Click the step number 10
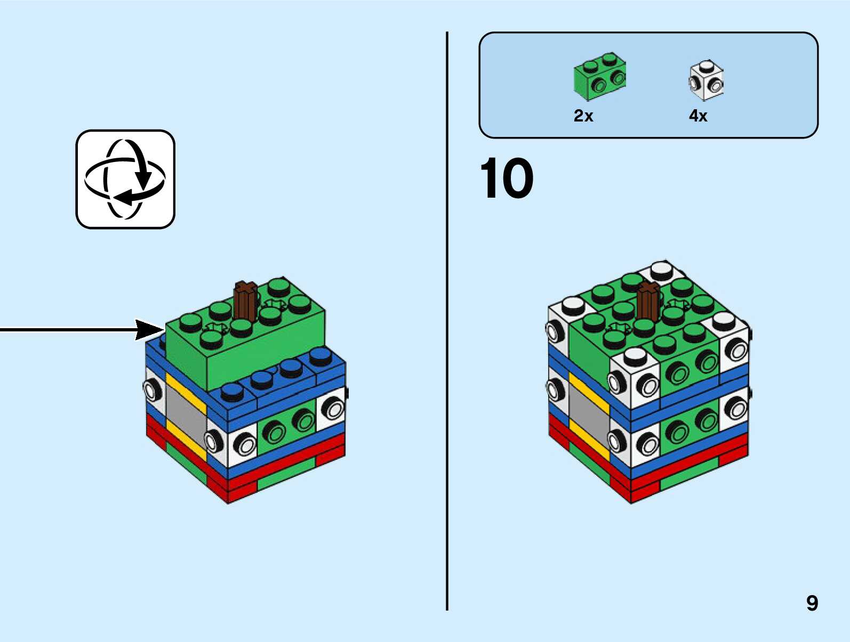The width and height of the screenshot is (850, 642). tap(506, 178)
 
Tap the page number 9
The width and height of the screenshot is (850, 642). tap(812, 603)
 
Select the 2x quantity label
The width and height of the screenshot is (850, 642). tap(583, 116)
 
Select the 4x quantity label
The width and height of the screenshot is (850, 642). tap(698, 116)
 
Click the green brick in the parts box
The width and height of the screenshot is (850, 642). tap(599, 76)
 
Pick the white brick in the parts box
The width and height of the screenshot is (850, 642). tap(706, 80)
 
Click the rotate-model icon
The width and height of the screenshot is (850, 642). tap(125, 179)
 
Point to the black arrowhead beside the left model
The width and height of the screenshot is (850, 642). tap(149, 330)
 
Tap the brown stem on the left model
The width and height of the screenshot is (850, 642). tap(245, 302)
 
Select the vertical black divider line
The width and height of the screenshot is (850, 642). tap(447, 320)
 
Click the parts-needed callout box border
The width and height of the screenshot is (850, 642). tap(648, 33)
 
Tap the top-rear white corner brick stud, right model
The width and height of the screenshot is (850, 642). tap(662, 269)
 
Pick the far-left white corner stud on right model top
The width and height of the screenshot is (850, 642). tap(573, 305)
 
